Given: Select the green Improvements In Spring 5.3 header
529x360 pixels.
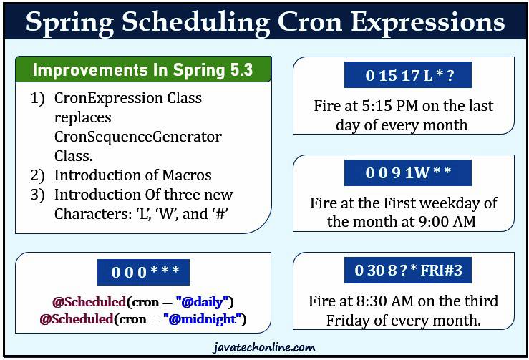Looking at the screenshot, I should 142,70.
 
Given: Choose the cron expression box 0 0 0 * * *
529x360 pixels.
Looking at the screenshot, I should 144,272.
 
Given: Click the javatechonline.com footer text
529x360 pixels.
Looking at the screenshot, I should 264,348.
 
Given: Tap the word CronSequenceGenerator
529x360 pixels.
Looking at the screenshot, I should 137,136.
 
